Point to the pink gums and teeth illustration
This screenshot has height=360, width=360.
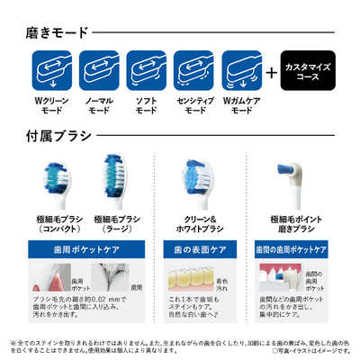(279, 279)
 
